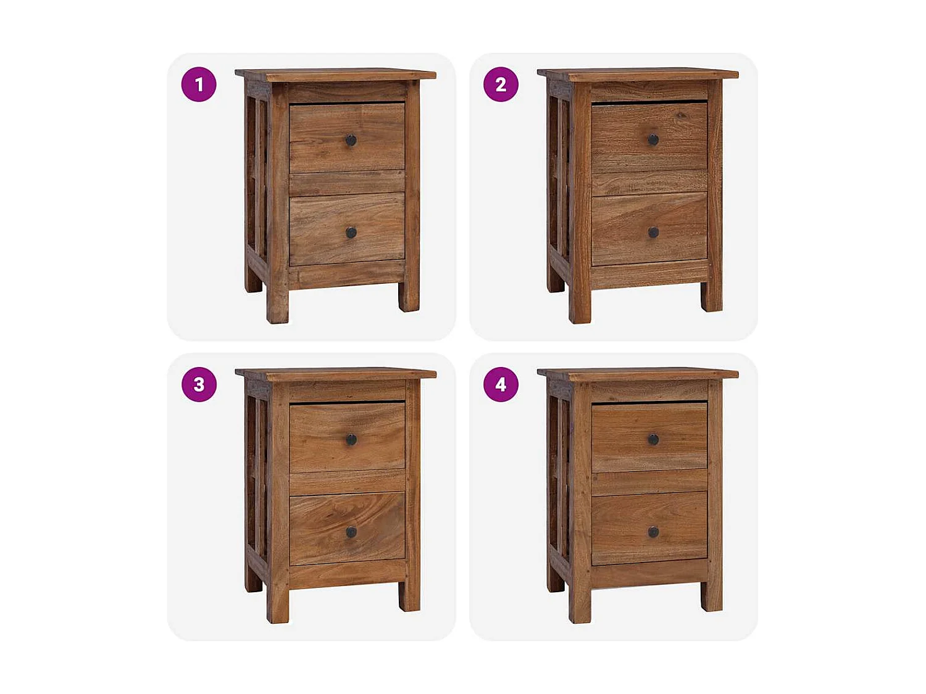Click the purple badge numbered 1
199,85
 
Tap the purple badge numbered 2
501,85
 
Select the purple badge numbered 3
199,384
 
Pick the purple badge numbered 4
501,384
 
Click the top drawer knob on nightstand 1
351,140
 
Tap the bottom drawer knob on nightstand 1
351,233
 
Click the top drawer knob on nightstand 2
653,140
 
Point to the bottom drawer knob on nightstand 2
653,233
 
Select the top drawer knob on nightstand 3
351,440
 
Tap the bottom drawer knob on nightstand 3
351,532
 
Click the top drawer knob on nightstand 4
653,440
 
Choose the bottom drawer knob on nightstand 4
653,532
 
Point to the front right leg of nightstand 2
712,296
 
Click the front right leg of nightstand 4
712,596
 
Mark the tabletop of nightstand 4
638,373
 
